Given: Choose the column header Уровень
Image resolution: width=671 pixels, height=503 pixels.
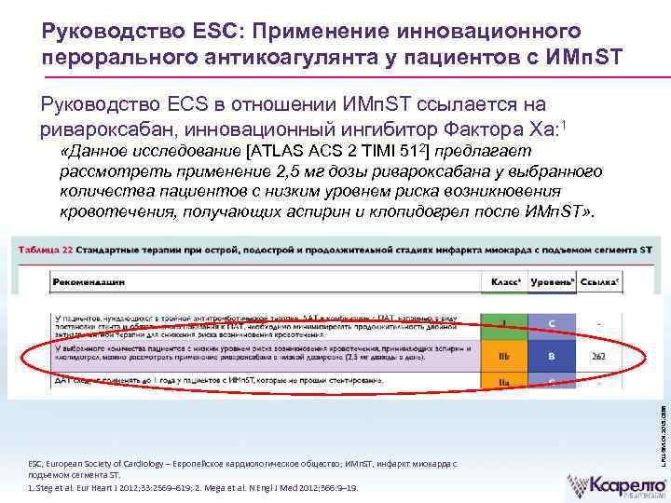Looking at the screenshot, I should click(551, 280).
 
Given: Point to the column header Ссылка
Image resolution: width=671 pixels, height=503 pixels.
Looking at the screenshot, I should click(599, 280).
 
